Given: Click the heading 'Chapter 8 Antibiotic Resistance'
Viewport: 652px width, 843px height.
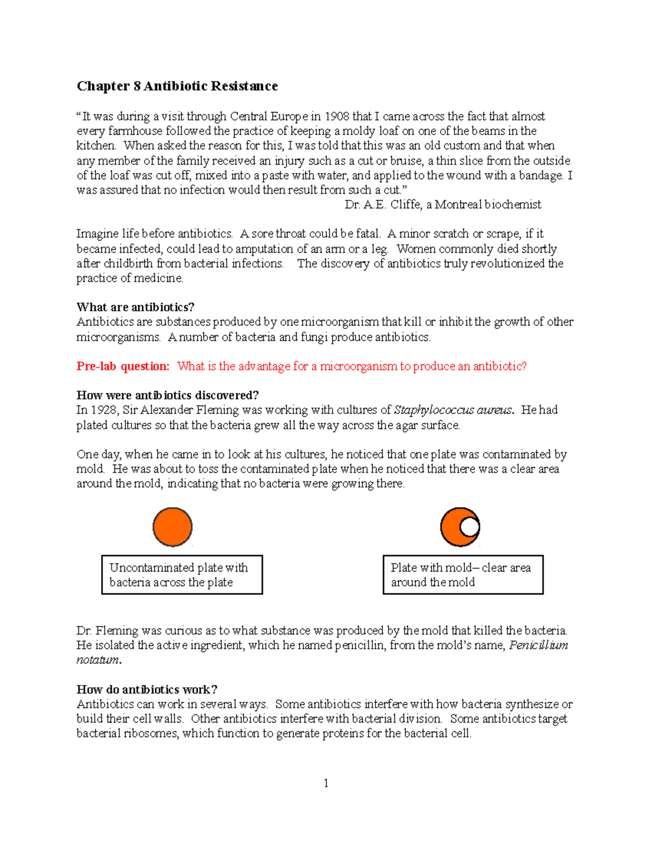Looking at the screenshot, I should [x=177, y=86].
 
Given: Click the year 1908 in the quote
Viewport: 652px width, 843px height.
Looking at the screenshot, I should [x=337, y=116].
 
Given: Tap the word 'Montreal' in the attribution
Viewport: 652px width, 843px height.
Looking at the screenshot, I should [x=458, y=205].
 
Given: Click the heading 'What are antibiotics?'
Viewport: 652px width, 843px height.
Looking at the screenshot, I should [x=135, y=307].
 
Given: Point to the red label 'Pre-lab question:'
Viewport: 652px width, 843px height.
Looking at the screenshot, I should [x=123, y=366].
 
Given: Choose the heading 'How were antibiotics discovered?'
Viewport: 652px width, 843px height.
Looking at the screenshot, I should [x=167, y=395].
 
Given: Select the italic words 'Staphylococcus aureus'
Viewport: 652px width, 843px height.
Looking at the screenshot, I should [x=453, y=410].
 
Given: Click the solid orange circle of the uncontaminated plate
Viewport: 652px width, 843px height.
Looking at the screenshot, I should [x=173, y=527].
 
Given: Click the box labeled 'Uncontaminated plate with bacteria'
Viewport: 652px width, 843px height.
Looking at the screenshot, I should [x=182, y=575].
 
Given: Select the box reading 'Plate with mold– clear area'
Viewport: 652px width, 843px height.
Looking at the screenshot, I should [x=463, y=575].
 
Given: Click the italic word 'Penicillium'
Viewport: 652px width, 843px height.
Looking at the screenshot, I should [x=538, y=645].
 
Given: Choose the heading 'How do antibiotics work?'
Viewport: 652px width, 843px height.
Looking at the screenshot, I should [x=147, y=690].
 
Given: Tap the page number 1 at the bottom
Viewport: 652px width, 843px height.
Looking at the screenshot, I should [x=326, y=783].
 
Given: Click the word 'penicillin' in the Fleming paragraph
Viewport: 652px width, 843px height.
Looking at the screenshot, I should [x=360, y=645].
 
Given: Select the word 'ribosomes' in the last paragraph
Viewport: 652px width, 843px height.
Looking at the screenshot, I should [x=152, y=734].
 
